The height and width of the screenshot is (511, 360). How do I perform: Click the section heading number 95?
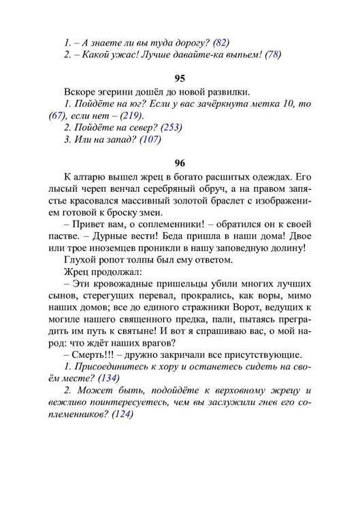coord(180,78)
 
